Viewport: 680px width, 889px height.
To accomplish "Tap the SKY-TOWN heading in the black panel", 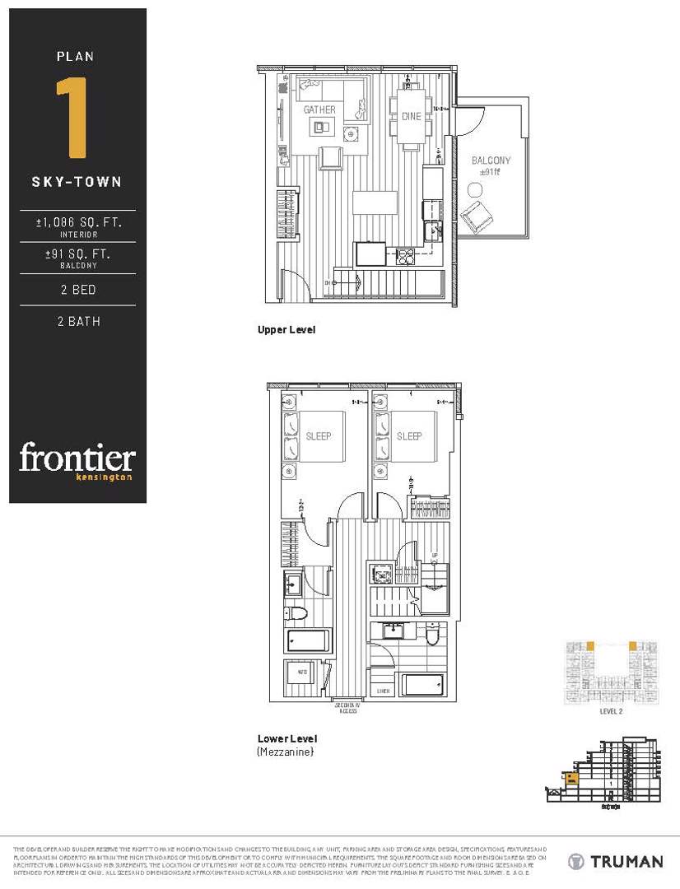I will coord(77,182).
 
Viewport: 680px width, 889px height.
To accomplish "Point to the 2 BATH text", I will coord(79,322).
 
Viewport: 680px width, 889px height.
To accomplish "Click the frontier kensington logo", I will coord(77,459).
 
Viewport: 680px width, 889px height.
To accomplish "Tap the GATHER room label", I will coord(319,110).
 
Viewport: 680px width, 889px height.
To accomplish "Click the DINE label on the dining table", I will coord(411,117).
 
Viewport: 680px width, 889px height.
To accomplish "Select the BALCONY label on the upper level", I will coord(491,161).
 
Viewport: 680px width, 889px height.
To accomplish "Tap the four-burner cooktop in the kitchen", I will coord(405,255).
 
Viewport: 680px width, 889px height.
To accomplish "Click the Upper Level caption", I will coord(286,329).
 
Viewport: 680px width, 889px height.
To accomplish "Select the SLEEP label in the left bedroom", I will coord(319,435).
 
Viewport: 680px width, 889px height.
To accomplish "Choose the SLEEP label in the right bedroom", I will coord(409,435).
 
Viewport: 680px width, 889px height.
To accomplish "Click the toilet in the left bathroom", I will coord(297,612).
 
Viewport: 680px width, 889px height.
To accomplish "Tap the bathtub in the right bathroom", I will coord(423,685).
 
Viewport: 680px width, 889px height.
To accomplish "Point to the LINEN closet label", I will coord(382,691).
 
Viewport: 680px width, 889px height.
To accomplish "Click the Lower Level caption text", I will coord(286,738).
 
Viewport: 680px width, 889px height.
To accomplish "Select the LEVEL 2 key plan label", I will coord(610,711).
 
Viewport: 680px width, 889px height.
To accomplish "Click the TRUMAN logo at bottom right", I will coord(616,862).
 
